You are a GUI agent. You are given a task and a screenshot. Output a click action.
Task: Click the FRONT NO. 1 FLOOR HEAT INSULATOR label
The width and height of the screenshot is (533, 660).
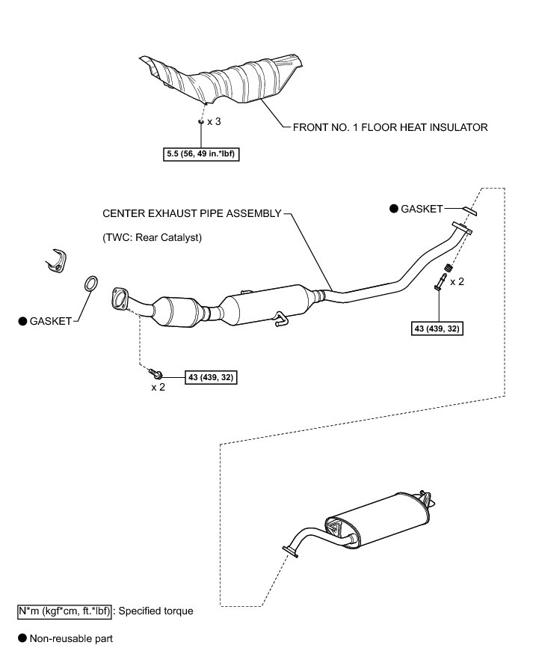pos(389,127)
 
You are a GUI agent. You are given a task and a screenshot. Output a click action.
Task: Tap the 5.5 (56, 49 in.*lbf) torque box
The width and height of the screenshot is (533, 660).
pos(201,156)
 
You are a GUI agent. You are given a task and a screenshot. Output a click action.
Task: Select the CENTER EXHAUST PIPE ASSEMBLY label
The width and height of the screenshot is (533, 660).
pos(192,213)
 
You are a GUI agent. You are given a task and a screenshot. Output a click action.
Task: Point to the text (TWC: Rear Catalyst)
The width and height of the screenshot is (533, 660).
pos(153,237)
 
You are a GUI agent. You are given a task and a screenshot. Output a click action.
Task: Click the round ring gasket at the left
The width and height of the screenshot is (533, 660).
pos(89,284)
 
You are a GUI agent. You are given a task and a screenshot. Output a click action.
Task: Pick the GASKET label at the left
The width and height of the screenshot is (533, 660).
pos(50,321)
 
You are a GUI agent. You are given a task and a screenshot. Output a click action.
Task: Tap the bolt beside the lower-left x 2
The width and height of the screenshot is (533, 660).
pos(156,372)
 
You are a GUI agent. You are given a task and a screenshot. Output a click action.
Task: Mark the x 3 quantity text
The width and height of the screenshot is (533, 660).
pos(214,121)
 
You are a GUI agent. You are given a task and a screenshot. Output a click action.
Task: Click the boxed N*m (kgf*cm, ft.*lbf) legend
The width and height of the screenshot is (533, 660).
pos(64,611)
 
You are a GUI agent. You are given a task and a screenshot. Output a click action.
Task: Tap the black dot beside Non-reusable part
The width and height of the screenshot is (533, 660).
pos(22,638)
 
